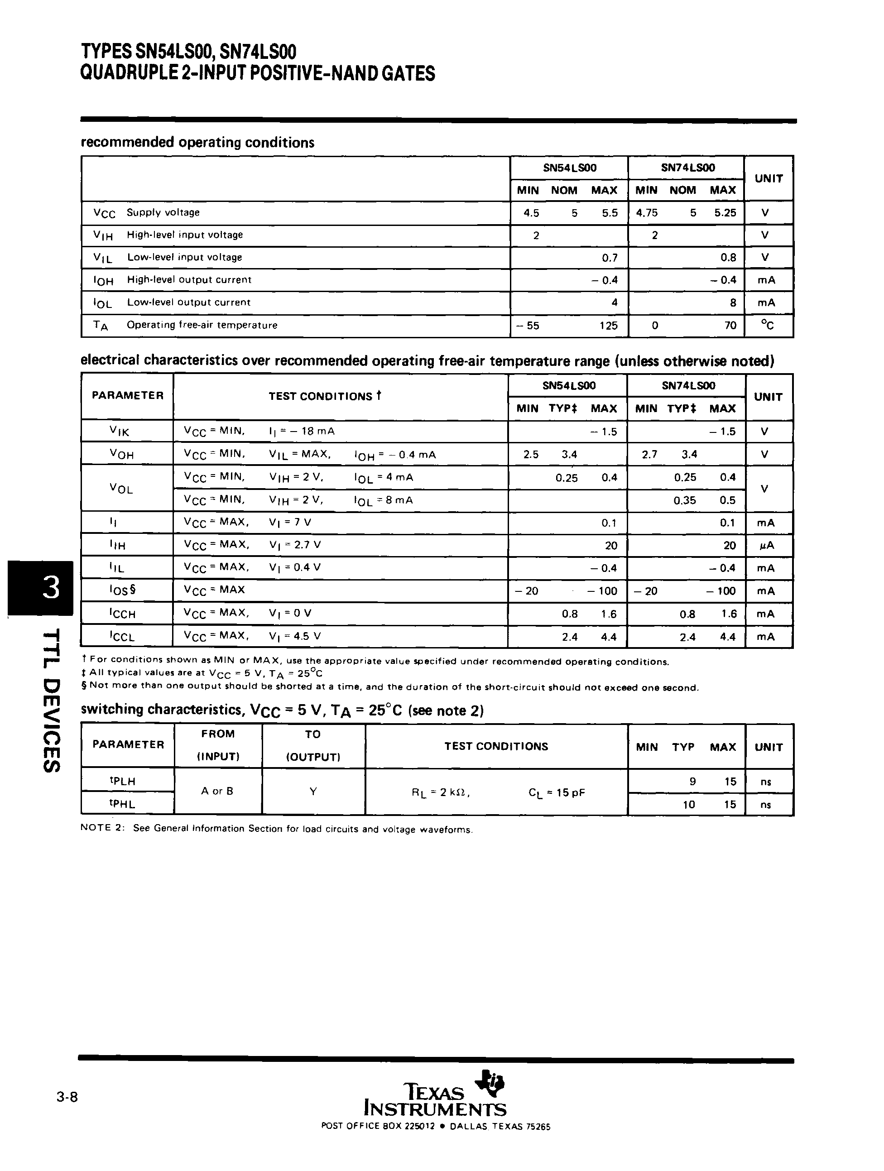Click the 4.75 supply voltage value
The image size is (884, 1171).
coord(647,213)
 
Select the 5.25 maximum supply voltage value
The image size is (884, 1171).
coord(725,213)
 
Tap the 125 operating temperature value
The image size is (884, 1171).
coord(608,326)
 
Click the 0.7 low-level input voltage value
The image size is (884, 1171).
coord(610,258)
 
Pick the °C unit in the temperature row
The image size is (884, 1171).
coord(767,325)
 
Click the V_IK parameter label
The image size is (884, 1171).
coord(120,432)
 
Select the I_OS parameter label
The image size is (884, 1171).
coord(123,590)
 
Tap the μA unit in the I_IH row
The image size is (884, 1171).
coord(766,545)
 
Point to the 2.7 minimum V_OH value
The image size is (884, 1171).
coord(649,454)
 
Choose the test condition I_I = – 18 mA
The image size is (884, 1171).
coord(302,431)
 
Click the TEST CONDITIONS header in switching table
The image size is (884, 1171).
coord(496,746)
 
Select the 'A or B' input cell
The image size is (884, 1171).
coord(217,791)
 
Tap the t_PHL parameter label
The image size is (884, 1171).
coord(122,804)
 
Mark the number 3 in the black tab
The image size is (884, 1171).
coord(51,588)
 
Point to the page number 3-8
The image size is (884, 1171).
coord(67,1097)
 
